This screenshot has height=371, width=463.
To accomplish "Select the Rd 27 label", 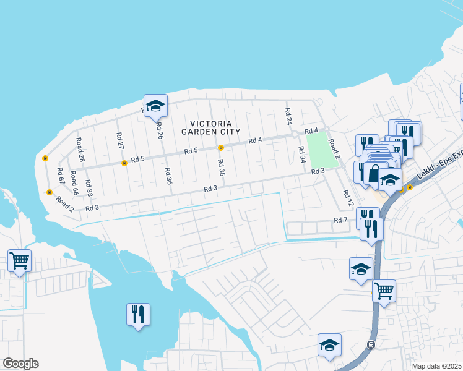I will pyautogui.click(x=120, y=140).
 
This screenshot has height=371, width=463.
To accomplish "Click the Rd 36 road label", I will pyautogui.click(x=168, y=176).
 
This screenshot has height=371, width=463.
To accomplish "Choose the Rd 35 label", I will pyautogui.click(x=221, y=167).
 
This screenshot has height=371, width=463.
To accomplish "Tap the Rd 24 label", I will pyautogui.click(x=288, y=116).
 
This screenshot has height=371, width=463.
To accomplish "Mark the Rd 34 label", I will pyautogui.click(x=302, y=155).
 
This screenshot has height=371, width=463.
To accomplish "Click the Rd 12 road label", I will pyautogui.click(x=348, y=198).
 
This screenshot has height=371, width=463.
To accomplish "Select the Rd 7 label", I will pyautogui.click(x=340, y=220).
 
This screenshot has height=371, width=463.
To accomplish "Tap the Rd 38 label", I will pyautogui.click(x=89, y=188).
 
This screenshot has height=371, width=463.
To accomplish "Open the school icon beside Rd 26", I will pyautogui.click(x=156, y=106).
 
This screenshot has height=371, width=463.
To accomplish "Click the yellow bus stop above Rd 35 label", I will pyautogui.click(x=220, y=147).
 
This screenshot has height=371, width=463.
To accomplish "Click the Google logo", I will pyautogui.click(x=21, y=364).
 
